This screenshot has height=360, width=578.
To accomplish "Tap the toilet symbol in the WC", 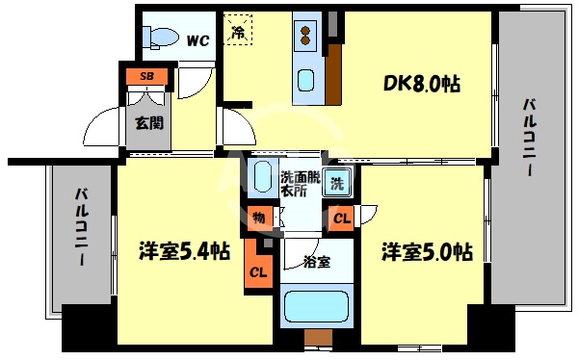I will (162, 38).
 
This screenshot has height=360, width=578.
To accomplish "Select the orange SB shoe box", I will (147, 75).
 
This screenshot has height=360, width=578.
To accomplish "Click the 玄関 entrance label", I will (147, 122).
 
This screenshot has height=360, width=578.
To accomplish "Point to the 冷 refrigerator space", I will (238, 31).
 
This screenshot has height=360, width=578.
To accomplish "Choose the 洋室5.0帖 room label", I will (426, 252).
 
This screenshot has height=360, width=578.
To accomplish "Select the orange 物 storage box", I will (259, 219).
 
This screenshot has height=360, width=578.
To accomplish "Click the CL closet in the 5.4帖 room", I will (258, 271).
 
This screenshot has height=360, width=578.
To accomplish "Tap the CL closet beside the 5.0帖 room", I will (342, 219).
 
